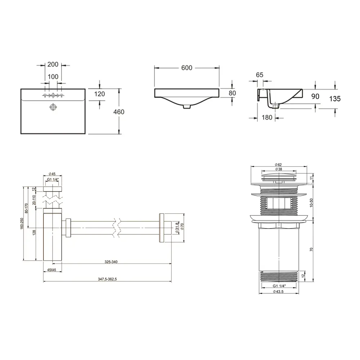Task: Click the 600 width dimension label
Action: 186,68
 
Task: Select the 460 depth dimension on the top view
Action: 119,112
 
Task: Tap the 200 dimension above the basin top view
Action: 53,64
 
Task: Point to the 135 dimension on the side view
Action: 335,99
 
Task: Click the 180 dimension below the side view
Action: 267,118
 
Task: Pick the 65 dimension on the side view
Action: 260,75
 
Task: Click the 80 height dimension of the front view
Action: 232,93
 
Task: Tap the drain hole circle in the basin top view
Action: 53,107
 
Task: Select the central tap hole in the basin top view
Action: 53,95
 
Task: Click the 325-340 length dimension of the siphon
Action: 111,262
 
